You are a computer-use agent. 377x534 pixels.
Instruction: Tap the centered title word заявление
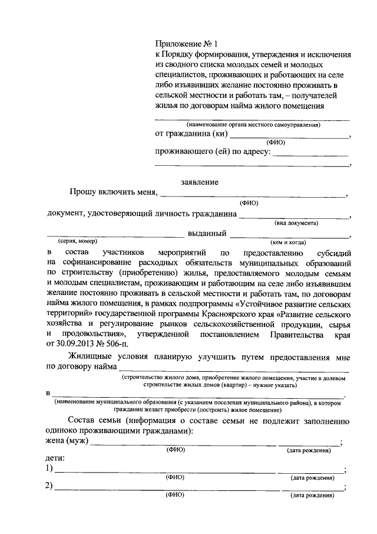200,182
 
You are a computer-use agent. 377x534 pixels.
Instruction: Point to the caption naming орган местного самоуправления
253,125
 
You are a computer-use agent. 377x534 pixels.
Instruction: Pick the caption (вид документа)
296,223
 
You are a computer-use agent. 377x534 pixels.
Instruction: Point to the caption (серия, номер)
77,241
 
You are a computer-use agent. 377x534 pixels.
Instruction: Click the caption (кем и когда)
288,242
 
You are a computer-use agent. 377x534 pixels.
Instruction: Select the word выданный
208,233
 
